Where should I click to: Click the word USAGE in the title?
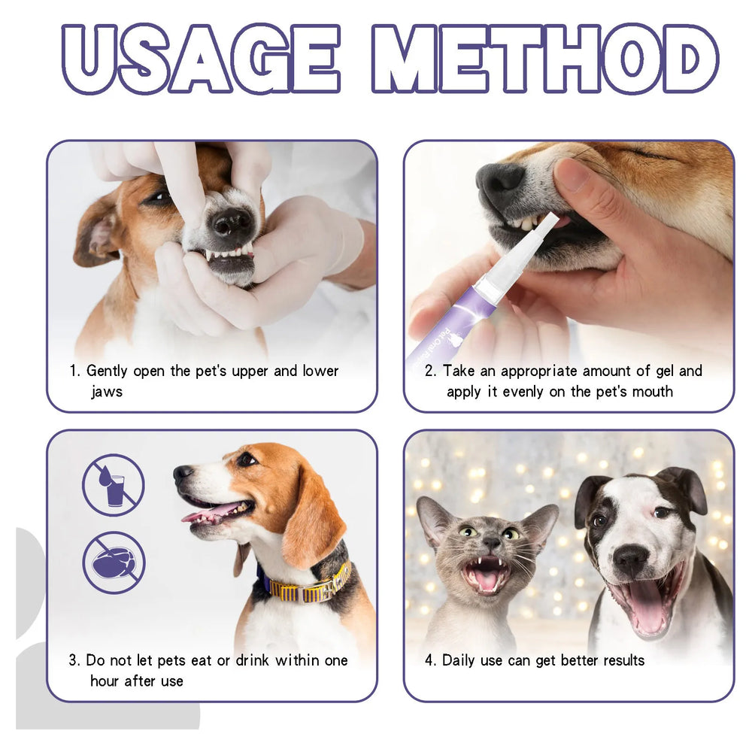pyautogui.click(x=199, y=58)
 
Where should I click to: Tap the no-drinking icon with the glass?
pyautogui.click(x=113, y=485)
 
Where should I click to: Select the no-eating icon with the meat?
pyautogui.click(x=114, y=562)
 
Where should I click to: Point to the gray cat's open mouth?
pyautogui.click(x=483, y=576)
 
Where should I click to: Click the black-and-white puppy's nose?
pyautogui.click(x=630, y=559)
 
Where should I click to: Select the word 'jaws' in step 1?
pyautogui.click(x=107, y=392)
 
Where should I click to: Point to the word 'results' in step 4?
pyautogui.click(x=618, y=660)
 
